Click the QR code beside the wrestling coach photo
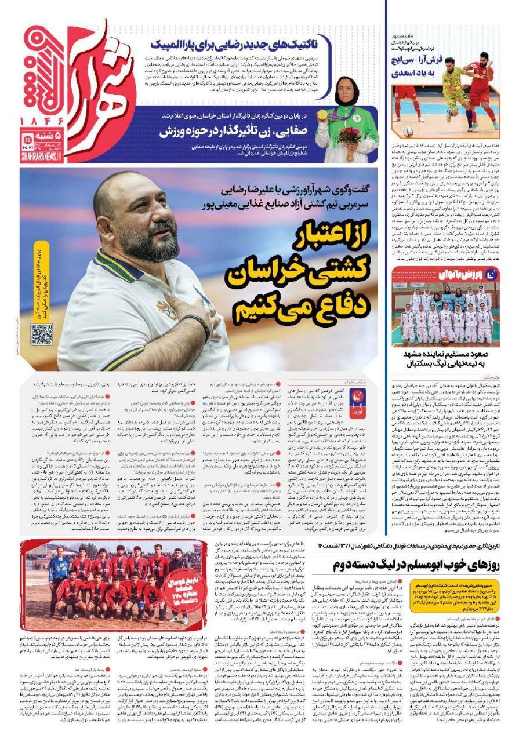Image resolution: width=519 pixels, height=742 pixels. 41,334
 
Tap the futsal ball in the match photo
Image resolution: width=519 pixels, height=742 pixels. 409,131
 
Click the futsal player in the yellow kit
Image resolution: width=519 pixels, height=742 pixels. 455,90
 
